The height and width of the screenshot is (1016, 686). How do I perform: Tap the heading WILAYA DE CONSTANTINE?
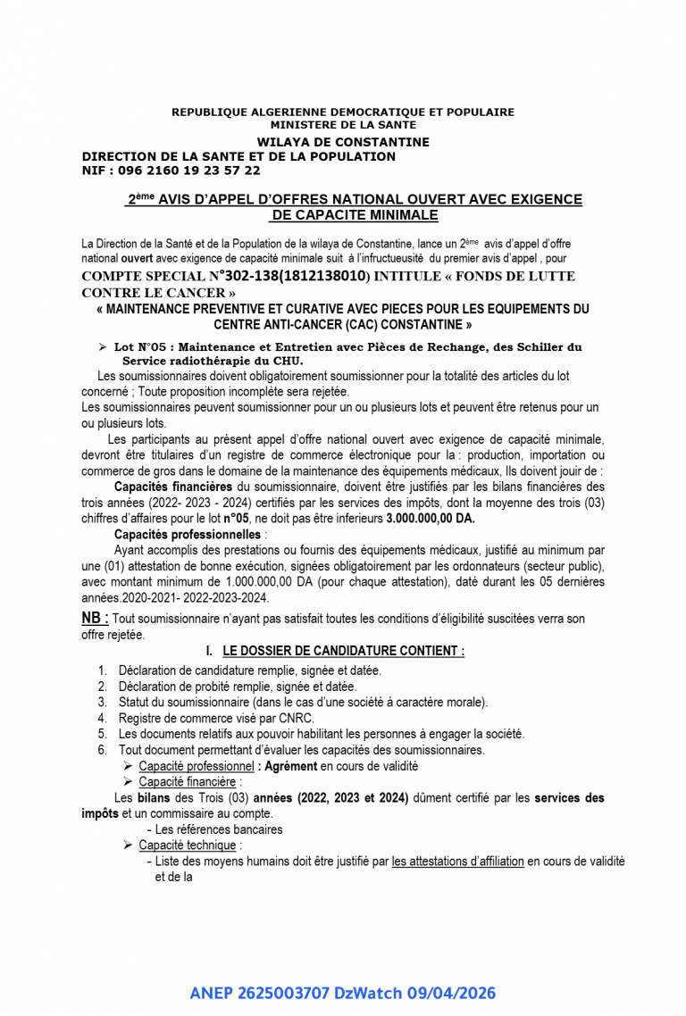click(x=343, y=142)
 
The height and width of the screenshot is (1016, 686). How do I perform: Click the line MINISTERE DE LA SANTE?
click(x=343, y=125)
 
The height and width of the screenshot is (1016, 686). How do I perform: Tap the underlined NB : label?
click(x=96, y=618)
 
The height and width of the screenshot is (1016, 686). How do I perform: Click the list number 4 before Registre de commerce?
click(x=103, y=718)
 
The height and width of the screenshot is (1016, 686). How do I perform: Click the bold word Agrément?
click(x=291, y=766)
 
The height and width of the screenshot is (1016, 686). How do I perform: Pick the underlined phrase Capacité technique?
click(x=188, y=845)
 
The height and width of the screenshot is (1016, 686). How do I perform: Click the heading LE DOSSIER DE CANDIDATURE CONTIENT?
click(x=343, y=652)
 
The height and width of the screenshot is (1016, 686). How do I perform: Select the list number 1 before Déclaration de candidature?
click(x=103, y=670)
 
